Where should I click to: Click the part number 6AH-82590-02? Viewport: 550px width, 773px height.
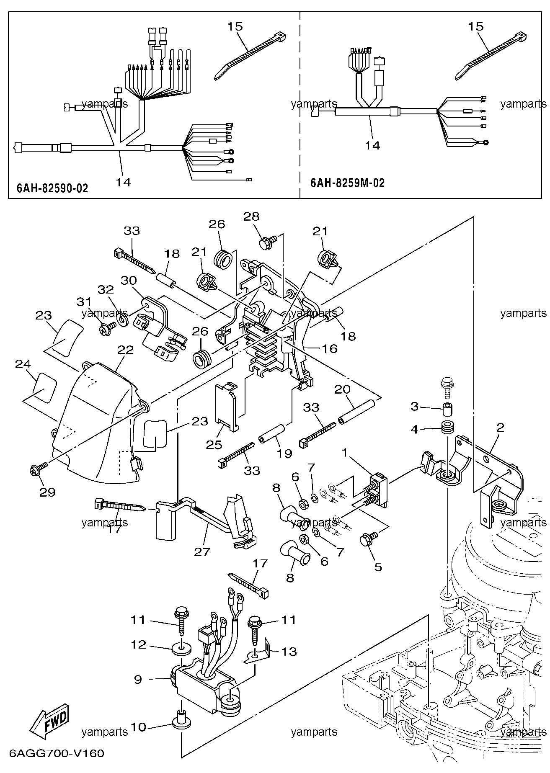53,188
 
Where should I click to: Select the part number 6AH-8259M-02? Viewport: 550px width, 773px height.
348,183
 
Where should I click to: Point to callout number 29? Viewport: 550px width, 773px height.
47,492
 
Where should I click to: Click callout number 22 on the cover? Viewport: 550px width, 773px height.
126,350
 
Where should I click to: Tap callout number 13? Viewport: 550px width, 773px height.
289,652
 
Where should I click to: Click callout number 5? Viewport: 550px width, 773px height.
378,567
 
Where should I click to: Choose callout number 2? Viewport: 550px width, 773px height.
500,428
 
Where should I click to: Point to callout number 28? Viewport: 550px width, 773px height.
251,216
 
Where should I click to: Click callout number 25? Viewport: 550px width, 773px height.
214,444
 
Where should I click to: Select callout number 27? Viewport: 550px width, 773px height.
202,552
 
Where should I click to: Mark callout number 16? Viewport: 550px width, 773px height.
330,348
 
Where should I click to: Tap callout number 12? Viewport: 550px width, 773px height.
138,645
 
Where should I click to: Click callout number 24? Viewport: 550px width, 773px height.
23,364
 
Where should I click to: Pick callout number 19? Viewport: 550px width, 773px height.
284,453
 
